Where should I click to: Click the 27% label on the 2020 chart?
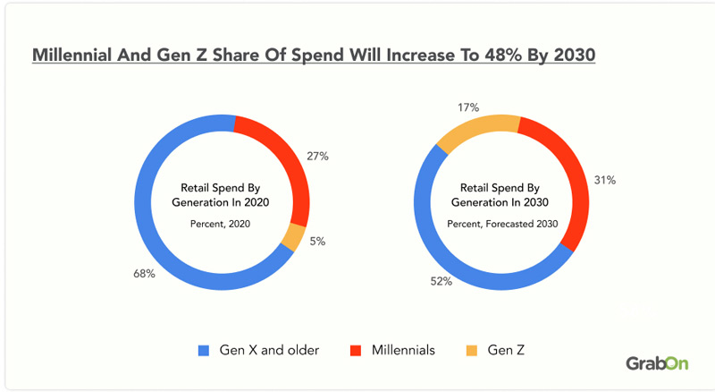[318, 156]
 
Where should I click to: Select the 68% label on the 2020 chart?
[145, 274]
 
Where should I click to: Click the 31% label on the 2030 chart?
[604, 180]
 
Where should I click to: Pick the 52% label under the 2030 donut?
[442, 281]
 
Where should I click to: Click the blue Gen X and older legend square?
[202, 350]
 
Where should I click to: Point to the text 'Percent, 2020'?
[221, 224]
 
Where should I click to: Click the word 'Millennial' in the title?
[71, 55]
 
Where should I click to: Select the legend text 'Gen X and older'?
[268, 350]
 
